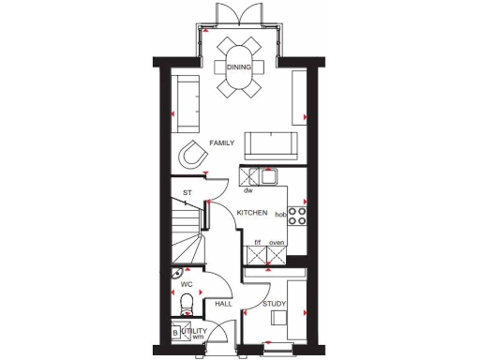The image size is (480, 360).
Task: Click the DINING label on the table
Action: (x=238, y=67)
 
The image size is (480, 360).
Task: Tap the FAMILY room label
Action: (x=222, y=143)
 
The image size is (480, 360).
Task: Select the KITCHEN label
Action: (x=252, y=214)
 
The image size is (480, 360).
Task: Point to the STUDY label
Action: (x=274, y=304)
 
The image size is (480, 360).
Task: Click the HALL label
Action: (x=223, y=304)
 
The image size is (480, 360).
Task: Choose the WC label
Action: (x=186, y=282)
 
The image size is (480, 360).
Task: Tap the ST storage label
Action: (x=187, y=193)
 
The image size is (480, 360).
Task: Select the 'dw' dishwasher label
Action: (x=248, y=191)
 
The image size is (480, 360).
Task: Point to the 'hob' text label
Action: (x=279, y=215)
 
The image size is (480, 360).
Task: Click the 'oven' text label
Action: (x=276, y=244)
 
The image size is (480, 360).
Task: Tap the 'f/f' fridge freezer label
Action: (x=258, y=244)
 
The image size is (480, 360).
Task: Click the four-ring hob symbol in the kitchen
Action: (x=297, y=216)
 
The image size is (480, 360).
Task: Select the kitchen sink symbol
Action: (x=268, y=175)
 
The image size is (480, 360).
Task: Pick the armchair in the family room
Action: (x=193, y=153)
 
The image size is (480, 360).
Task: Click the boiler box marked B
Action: (x=175, y=332)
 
